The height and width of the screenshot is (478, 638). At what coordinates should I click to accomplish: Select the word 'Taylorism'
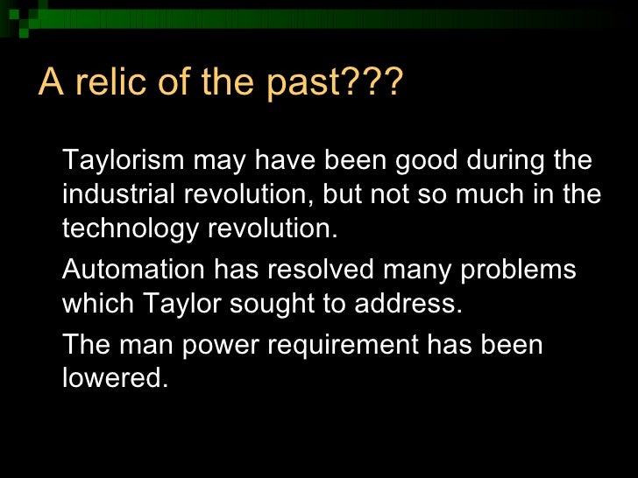pyautogui.click(x=124, y=162)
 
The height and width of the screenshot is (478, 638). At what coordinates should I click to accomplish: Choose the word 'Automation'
pyautogui.click(x=131, y=270)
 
